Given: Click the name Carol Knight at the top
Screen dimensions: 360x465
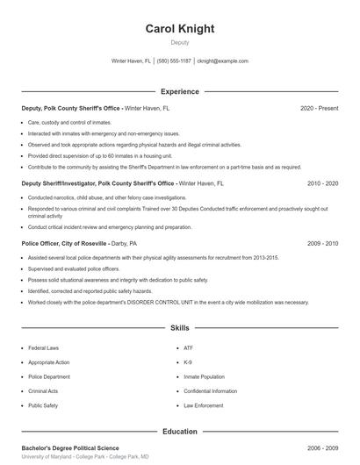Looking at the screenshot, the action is click(179, 29).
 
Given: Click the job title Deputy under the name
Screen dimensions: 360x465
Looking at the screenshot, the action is click(179, 42).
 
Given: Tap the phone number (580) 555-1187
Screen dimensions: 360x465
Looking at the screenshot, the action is click(174, 61).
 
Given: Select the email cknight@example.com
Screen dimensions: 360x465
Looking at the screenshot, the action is click(222, 61).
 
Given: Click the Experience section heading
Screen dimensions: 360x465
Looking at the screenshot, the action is click(179, 91).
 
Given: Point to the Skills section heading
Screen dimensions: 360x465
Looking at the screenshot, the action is click(179, 328).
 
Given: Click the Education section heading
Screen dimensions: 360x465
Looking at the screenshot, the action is click(179, 432).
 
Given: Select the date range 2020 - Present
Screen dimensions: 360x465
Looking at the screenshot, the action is click(319, 108).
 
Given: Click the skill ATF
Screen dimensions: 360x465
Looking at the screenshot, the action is click(188, 347).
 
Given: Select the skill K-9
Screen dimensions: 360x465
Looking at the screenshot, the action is click(188, 361).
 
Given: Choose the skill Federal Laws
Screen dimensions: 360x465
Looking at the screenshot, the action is click(43, 347).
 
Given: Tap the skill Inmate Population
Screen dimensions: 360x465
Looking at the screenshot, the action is click(204, 376).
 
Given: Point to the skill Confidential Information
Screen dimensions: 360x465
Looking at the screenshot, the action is click(211, 391).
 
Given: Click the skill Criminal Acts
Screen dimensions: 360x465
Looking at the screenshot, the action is click(43, 391).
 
